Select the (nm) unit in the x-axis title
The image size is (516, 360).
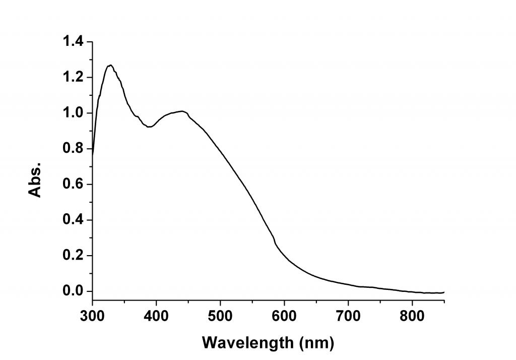[x=316, y=343]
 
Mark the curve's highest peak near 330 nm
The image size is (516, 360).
[x=110, y=65]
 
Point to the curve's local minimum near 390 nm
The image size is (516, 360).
[x=149, y=127]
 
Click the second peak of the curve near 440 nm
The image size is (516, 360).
[x=182, y=111]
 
